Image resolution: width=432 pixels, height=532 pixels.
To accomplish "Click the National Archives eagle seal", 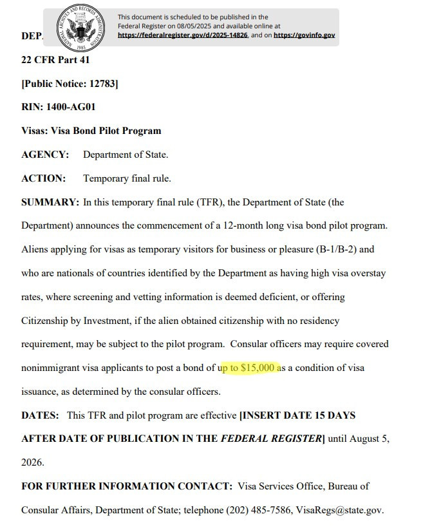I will [80, 29].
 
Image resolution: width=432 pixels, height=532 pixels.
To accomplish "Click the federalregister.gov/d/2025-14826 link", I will [182, 35].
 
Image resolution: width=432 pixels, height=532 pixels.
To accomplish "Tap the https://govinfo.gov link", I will [304, 35].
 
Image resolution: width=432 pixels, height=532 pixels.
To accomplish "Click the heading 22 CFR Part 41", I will [55, 60].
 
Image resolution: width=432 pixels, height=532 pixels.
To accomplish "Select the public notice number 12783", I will [103, 84].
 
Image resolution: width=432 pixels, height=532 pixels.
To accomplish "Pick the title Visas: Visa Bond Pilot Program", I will [91, 131].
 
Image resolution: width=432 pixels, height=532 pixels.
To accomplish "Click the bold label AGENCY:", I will [45, 155].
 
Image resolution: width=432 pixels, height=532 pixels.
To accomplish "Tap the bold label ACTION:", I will [44, 178].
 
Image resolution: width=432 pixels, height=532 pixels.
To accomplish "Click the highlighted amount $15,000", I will [258, 368].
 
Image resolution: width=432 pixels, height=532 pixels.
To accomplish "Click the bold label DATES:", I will [41, 415].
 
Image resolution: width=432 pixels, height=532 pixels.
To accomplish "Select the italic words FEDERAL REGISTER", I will [270, 439].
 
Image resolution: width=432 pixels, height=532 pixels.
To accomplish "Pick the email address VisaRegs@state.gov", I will [340, 510].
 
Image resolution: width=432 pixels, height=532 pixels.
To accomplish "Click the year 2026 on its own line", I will [32, 462].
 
